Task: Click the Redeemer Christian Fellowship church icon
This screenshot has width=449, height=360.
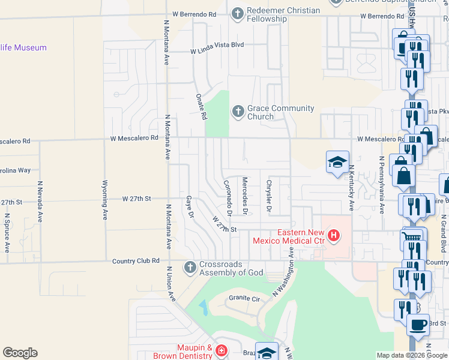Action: (x=238, y=13)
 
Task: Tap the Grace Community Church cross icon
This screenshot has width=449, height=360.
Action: (x=238, y=112)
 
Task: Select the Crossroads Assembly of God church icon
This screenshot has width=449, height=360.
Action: (x=190, y=267)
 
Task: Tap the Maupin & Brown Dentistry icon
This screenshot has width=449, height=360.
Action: (x=221, y=350)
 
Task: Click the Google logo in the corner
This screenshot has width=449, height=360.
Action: (x=20, y=353)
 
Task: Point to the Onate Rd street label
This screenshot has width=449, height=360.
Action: (x=202, y=106)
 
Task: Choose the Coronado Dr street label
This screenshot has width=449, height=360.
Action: (x=228, y=199)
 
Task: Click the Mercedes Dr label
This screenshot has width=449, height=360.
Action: (x=245, y=196)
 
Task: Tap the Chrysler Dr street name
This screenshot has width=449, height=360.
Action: (x=270, y=196)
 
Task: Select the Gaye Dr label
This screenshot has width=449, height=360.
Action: (x=190, y=206)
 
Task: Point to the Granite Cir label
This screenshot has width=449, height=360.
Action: (x=243, y=298)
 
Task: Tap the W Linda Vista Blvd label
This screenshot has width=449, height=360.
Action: (x=217, y=44)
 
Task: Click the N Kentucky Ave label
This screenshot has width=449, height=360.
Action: (x=352, y=188)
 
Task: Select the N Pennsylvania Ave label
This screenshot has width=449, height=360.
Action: (x=381, y=185)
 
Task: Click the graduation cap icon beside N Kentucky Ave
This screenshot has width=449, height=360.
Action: (x=337, y=161)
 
